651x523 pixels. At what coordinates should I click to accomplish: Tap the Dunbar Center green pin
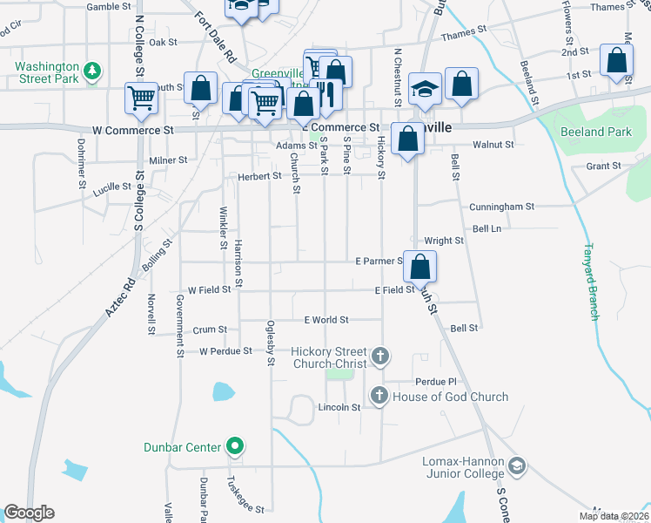234,448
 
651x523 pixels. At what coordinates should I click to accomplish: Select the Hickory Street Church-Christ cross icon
379,356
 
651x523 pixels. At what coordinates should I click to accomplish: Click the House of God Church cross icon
379,397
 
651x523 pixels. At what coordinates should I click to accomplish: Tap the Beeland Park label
596,132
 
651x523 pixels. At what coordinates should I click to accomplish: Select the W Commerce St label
133,130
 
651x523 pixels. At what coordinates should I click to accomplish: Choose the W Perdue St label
225,351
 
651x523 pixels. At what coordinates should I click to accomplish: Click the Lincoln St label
339,407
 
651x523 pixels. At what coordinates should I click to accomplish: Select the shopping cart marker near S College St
141,98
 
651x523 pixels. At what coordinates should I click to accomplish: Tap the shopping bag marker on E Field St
420,266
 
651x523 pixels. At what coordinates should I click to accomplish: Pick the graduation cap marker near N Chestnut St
424,90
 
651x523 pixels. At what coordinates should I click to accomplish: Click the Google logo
29,513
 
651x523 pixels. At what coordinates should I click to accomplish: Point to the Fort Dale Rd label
217,37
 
